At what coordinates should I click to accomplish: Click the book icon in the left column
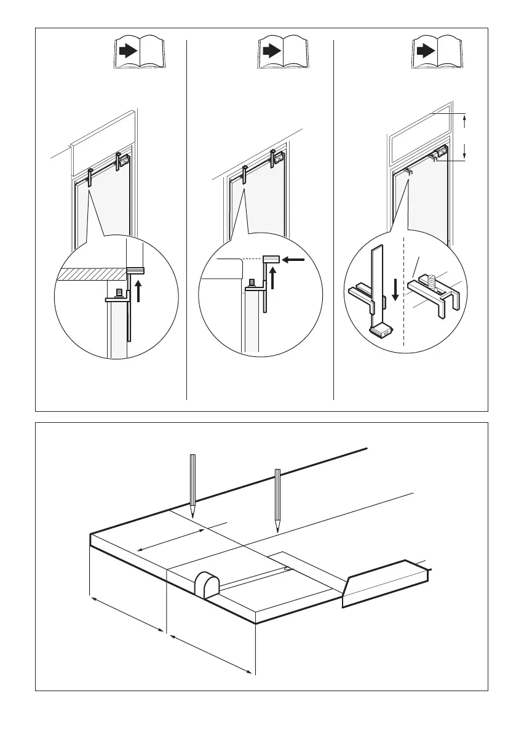point(139,53)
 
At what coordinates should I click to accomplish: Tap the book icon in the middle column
point(283,53)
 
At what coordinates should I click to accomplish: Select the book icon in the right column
point(437,53)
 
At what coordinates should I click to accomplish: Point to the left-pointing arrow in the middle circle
point(295,260)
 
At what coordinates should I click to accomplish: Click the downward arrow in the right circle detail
point(395,290)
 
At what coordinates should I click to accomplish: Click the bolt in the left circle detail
point(119,293)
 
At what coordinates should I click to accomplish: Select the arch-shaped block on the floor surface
point(207,583)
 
